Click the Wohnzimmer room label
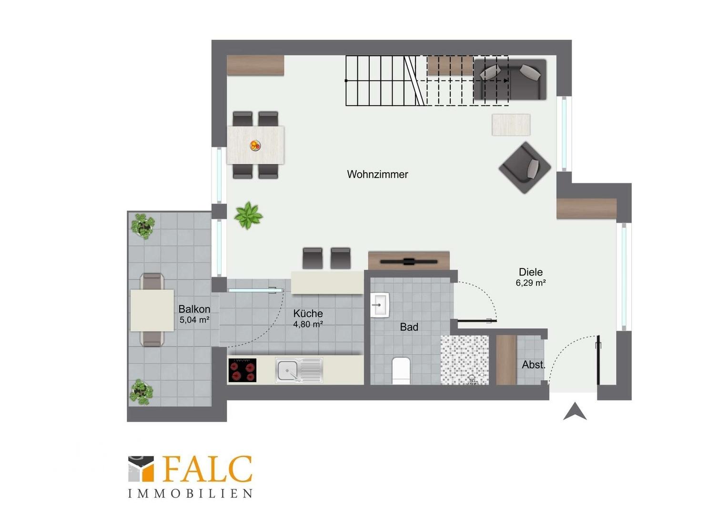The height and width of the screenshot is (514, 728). (x=377, y=174)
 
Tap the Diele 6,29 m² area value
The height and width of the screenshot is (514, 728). (x=530, y=283)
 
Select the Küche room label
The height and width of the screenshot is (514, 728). (x=308, y=313)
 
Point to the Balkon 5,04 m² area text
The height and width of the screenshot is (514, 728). (x=194, y=320)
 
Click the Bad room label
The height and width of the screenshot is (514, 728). (x=409, y=327)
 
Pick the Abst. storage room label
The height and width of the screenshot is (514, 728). (x=533, y=365)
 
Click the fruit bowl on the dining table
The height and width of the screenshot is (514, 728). (x=255, y=145)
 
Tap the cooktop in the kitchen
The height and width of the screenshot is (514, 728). (x=243, y=370)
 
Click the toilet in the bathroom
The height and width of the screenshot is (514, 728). (x=401, y=371)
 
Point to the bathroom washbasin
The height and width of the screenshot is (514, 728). (x=380, y=305)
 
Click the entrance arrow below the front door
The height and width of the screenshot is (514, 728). (x=575, y=411)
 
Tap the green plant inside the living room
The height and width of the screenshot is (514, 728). (x=248, y=215)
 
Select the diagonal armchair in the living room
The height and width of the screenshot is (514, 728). (x=525, y=168)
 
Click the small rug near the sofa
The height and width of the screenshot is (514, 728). (x=511, y=125)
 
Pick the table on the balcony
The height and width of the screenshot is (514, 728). (x=152, y=310)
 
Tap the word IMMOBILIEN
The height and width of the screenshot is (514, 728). (x=190, y=503)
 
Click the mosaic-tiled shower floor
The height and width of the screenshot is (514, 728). (x=465, y=360)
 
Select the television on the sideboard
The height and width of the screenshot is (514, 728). (x=409, y=261)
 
